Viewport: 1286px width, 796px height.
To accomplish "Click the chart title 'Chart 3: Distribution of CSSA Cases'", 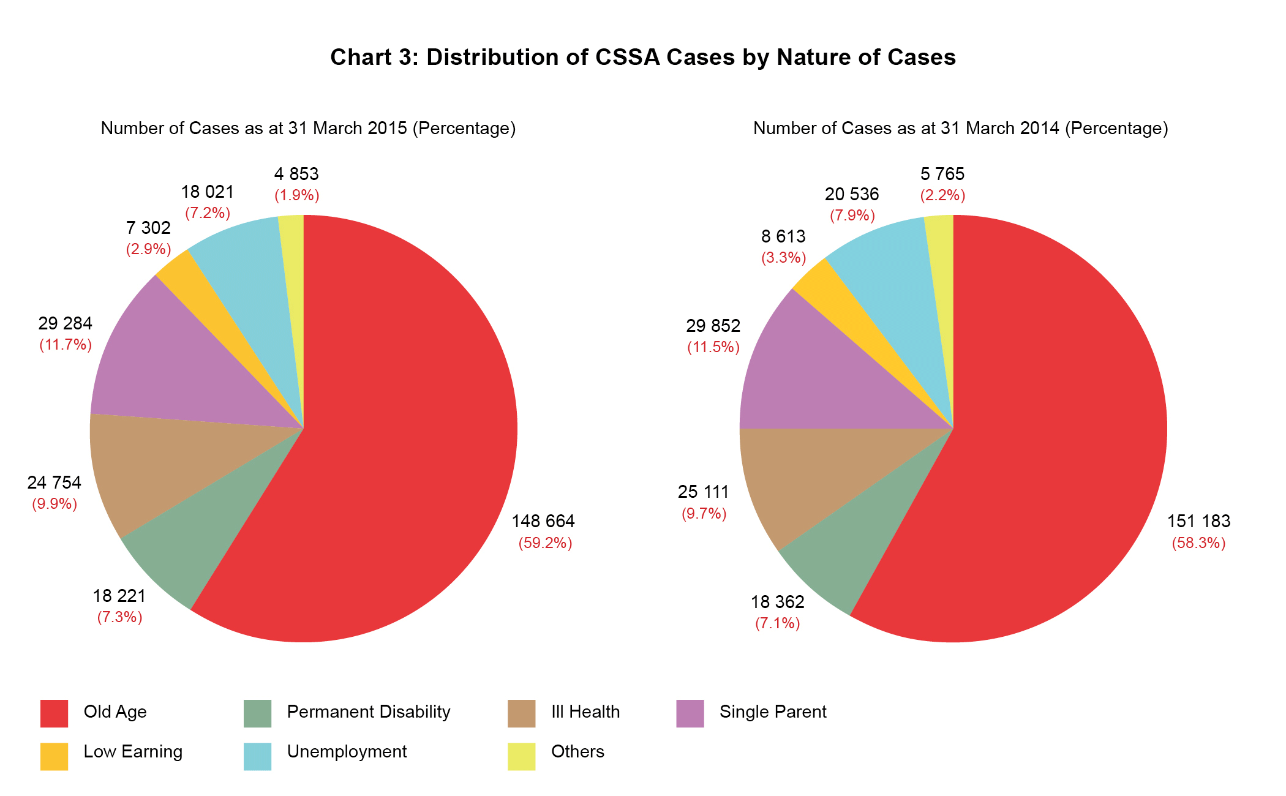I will (642, 57).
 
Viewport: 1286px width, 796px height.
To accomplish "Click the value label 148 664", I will (543, 521).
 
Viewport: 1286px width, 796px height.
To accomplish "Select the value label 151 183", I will (1198, 521).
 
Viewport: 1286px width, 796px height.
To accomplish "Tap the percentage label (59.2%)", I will (545, 543).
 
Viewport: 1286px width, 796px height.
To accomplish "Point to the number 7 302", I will (148, 228).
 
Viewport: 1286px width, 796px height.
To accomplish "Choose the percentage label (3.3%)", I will (783, 258).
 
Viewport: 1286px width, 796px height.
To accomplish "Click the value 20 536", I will (851, 194).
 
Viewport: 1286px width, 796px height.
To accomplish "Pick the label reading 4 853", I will (296, 174).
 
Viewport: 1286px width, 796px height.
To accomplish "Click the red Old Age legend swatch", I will (54, 713).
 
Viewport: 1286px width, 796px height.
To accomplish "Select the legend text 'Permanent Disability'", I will (368, 712).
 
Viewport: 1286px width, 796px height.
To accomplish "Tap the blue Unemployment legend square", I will (257, 756).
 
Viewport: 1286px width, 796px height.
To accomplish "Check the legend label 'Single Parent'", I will (772, 712).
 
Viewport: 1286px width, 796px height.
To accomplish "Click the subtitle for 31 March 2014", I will (960, 128).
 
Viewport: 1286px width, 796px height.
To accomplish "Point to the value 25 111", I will (703, 492).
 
